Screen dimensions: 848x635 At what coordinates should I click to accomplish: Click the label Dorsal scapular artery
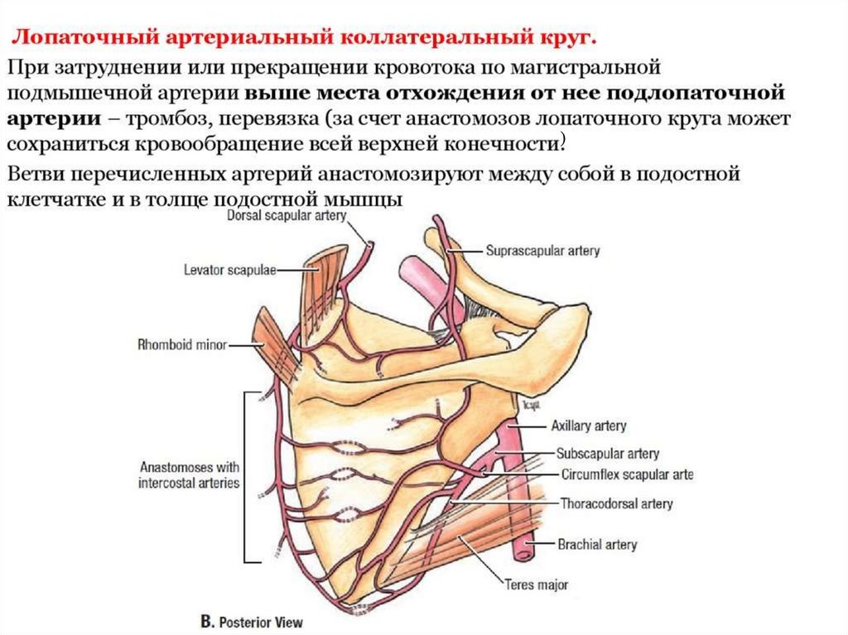(x=286, y=217)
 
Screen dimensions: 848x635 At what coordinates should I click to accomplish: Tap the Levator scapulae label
(x=229, y=269)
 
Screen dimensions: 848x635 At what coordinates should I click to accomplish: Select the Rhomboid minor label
(x=182, y=345)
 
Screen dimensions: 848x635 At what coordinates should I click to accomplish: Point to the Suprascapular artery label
(x=542, y=250)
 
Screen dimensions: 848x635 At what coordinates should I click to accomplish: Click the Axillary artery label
(x=589, y=426)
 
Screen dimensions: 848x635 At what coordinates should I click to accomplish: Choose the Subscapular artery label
(x=608, y=454)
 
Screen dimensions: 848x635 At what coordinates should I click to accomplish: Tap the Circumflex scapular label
(x=626, y=475)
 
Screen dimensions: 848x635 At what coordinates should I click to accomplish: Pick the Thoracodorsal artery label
(x=616, y=503)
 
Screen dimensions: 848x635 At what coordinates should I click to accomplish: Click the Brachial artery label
(x=597, y=545)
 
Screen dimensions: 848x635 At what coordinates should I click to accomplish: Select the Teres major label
(x=537, y=584)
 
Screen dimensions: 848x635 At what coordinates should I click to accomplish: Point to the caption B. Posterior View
(x=253, y=621)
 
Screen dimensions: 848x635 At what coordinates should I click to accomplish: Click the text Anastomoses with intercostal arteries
(x=189, y=475)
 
